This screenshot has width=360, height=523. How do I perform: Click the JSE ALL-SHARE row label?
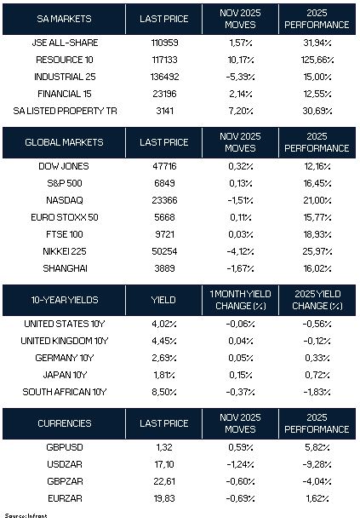pyautogui.click(x=65, y=43)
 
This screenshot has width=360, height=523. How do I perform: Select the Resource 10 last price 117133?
pyautogui.click(x=164, y=60)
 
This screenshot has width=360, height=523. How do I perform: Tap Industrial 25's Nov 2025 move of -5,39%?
pyautogui.click(x=241, y=77)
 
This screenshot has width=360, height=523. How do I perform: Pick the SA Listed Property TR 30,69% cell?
pyautogui.click(x=317, y=111)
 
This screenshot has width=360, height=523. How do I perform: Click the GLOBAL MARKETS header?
pyautogui.click(x=64, y=142)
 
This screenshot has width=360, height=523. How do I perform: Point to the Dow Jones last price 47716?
pyautogui.click(x=164, y=166)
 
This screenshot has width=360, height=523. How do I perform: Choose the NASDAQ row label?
pyautogui.click(x=65, y=200)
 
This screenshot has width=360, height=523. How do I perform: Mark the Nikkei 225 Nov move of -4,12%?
pyautogui.click(x=241, y=251)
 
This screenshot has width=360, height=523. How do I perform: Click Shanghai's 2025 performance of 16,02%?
pyautogui.click(x=317, y=268)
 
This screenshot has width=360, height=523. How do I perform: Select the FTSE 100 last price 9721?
pyautogui.click(x=164, y=234)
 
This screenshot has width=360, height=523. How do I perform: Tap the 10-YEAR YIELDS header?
pyautogui.click(x=65, y=300)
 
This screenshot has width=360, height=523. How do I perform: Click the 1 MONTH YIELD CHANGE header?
pyautogui.click(x=240, y=300)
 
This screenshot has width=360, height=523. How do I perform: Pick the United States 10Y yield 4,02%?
pyautogui.click(x=164, y=324)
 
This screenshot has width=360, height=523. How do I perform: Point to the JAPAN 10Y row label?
pyautogui.click(x=65, y=375)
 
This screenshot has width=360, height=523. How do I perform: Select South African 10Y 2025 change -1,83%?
pyautogui.click(x=317, y=392)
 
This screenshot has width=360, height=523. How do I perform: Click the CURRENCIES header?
pyautogui.click(x=65, y=423)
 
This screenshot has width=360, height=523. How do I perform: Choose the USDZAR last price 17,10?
pyautogui.click(x=164, y=464)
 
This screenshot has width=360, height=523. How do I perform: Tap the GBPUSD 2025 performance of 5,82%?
pyautogui.click(x=317, y=447)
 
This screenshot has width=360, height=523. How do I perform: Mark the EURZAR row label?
pyautogui.click(x=65, y=498)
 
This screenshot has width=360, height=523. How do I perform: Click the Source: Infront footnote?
pyautogui.click(x=26, y=516)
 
